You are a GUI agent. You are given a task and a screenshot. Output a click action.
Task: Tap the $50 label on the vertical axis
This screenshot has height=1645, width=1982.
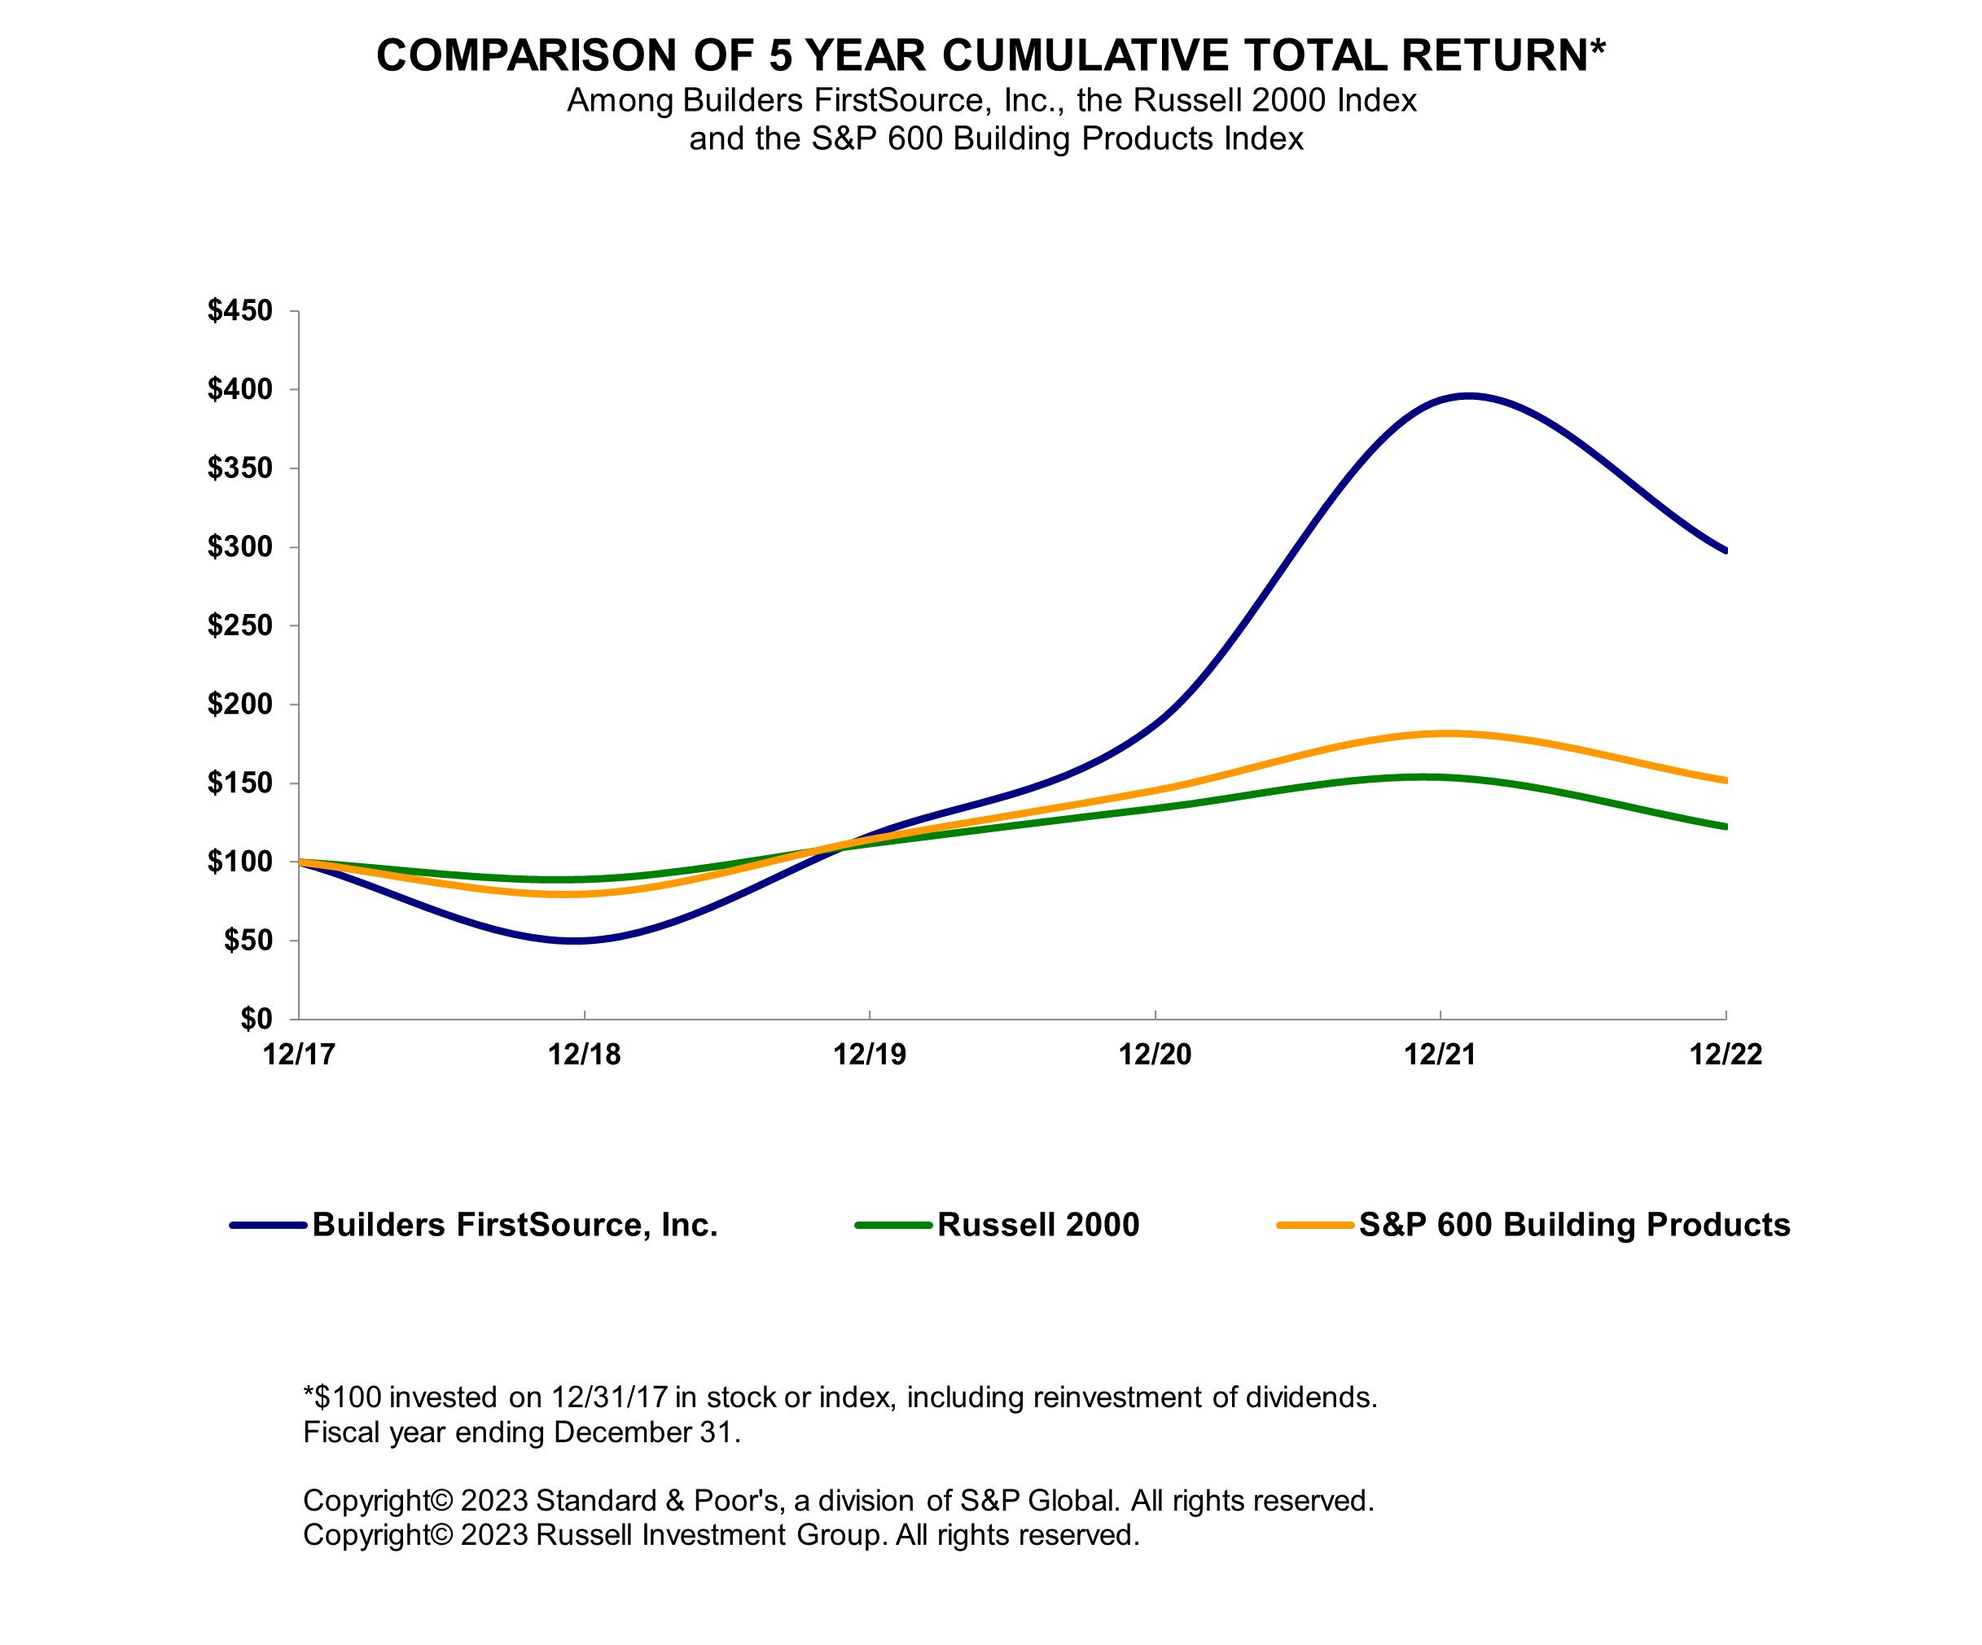tap(248, 941)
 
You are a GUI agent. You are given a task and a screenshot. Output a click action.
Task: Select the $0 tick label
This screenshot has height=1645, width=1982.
tap(256, 1020)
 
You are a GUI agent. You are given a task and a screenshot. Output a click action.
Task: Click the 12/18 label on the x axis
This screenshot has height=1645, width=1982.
tap(584, 1055)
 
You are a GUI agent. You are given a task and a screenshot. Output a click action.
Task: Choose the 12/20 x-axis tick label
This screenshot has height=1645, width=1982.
tap(1155, 1055)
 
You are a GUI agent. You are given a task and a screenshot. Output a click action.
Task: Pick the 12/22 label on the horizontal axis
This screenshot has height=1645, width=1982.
tap(1725, 1055)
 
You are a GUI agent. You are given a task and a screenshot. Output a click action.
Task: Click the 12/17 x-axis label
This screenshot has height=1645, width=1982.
tap(299, 1055)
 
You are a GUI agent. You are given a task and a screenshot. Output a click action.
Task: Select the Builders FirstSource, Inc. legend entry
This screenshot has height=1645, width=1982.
tap(515, 1225)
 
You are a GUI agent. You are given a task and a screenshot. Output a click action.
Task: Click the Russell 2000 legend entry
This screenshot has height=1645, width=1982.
tap(1037, 1225)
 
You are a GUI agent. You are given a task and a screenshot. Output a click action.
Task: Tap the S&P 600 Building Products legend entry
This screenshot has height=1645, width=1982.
tap(1573, 1225)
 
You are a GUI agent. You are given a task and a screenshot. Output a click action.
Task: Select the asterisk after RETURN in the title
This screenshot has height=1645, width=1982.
tap(1597, 47)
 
